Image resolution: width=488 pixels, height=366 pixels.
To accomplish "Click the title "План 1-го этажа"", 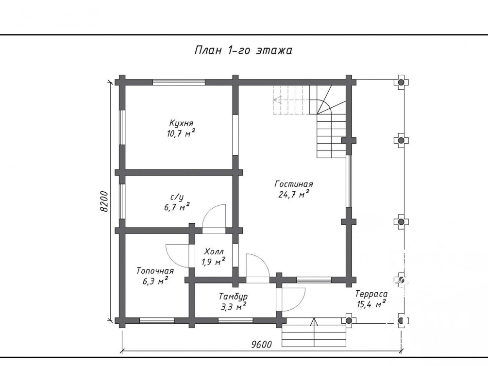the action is tap(243, 50).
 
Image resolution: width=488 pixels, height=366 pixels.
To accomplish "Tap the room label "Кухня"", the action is tap(182, 123).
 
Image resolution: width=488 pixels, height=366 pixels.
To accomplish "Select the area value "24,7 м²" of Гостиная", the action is tap(294, 194).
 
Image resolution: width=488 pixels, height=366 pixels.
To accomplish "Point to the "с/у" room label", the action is tap(177, 197).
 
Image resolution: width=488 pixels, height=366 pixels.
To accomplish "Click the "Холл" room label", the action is tap(214, 251).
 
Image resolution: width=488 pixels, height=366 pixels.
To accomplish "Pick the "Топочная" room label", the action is tap(155, 271).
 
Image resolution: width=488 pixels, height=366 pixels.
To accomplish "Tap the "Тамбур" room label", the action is tap(233, 296).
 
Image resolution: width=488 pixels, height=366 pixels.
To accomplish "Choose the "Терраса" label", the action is tap(371, 294).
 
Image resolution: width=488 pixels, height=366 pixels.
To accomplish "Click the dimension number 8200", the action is tap(104, 201).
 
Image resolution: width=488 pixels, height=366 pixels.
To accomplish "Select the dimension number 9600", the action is tap(262, 345).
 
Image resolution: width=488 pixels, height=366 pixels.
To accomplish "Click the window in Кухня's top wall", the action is tap(179, 82).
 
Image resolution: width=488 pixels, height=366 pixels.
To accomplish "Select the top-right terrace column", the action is tap(401, 82).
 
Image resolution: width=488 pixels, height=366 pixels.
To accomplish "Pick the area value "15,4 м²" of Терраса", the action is tap(371, 304).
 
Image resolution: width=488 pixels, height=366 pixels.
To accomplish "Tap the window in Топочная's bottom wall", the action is tap(157, 320).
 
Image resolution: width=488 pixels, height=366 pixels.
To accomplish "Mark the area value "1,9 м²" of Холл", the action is tap(214, 262).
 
